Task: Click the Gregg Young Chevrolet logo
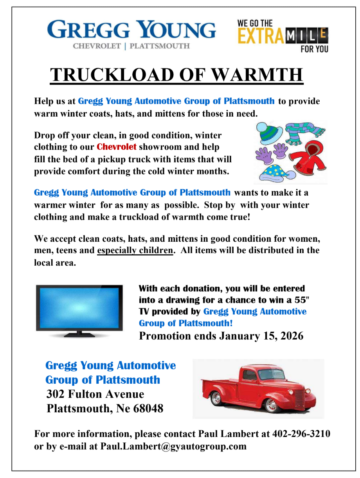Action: pos(131,34)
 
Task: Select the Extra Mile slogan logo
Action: pos(283,35)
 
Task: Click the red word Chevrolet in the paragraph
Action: pos(117,147)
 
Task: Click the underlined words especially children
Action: pos(135,250)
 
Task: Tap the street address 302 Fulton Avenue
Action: pos(95,394)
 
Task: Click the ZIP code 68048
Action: pos(148,409)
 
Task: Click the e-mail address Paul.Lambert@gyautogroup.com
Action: pos(173,446)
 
